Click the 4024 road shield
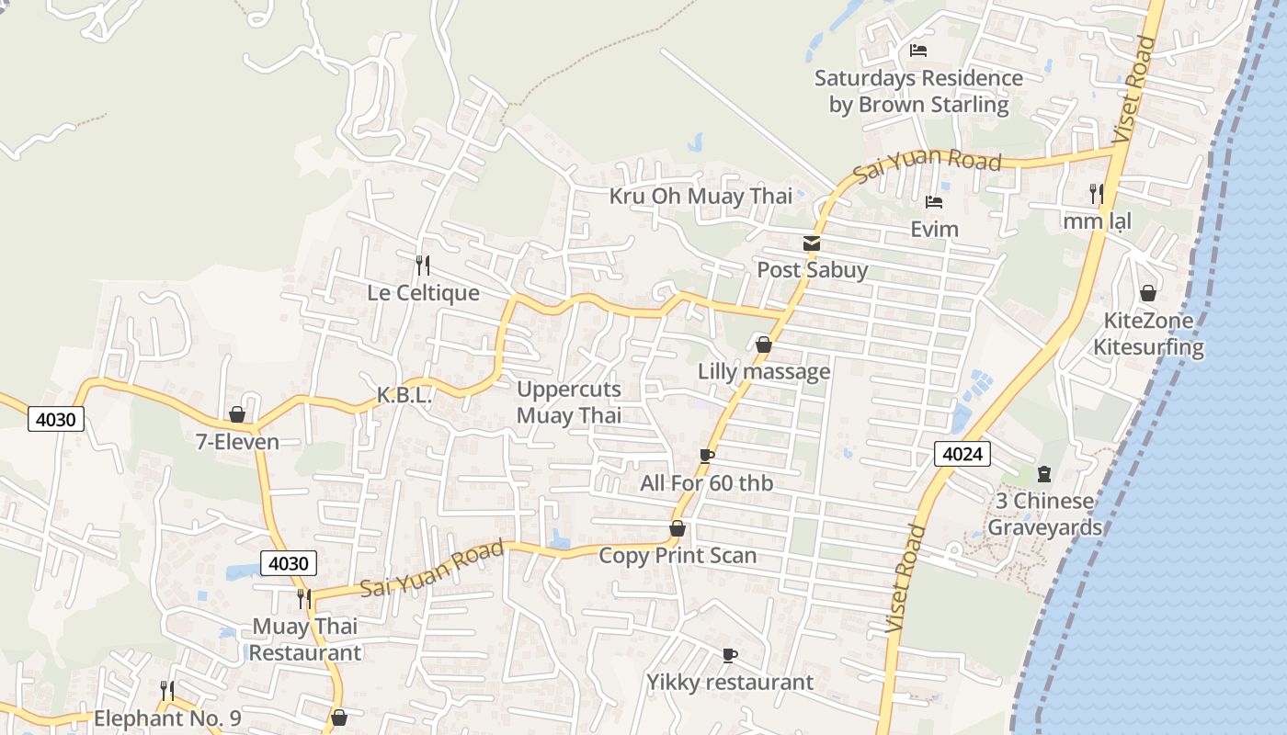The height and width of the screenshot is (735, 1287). pos(962,453)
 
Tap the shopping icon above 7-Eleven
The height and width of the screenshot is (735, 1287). pos(237,415)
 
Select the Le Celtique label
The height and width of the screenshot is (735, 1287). pos(423,293)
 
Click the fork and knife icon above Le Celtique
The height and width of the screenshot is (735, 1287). pos(423,266)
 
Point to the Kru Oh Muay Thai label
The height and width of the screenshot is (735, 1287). pos(700,196)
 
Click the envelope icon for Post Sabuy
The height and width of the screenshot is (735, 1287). pos(812,243)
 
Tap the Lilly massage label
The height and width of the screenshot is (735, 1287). pos(764,371)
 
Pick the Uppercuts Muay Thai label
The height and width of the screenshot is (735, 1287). pos(569,402)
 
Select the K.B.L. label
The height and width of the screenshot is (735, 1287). pos(404,395)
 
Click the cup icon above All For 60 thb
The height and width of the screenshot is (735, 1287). pos(706,456)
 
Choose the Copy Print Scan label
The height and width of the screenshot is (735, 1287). pos(678,555)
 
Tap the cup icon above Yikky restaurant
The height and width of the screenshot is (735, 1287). pos(729,655)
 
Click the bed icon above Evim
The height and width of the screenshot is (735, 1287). pos(934,202)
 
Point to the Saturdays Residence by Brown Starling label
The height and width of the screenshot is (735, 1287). pos(918,91)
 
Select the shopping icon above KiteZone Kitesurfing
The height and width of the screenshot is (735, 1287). pos(1147,294)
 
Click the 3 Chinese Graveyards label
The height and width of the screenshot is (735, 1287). pos(1044,514)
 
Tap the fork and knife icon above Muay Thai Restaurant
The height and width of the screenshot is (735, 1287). pos(304,599)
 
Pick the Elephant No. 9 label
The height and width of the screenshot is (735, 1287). pos(167,718)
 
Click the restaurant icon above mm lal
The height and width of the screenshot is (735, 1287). pos(1096,194)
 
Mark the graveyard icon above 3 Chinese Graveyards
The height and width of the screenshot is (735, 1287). pos(1043,474)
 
